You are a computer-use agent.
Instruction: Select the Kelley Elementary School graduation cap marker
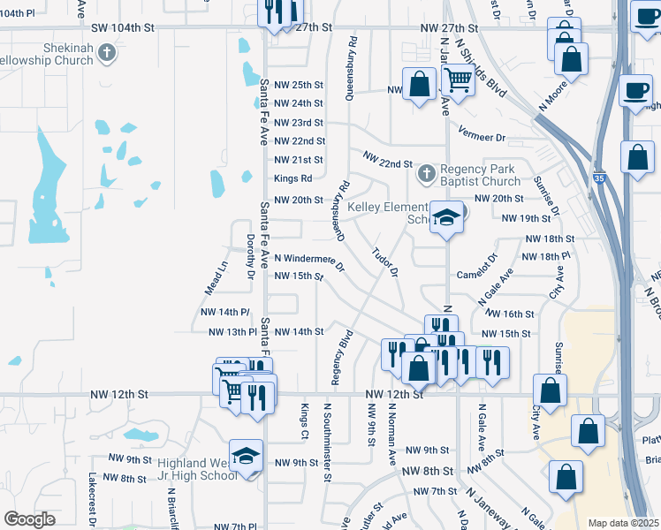(x=447, y=217)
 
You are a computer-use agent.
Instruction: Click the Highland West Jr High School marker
(x=246, y=456)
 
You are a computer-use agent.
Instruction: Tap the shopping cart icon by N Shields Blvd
(x=458, y=79)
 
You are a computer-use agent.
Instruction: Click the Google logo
(x=30, y=519)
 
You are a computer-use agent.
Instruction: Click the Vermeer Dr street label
(x=482, y=139)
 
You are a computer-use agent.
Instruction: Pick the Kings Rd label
(x=293, y=179)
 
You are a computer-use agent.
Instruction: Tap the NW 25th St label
(x=299, y=85)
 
